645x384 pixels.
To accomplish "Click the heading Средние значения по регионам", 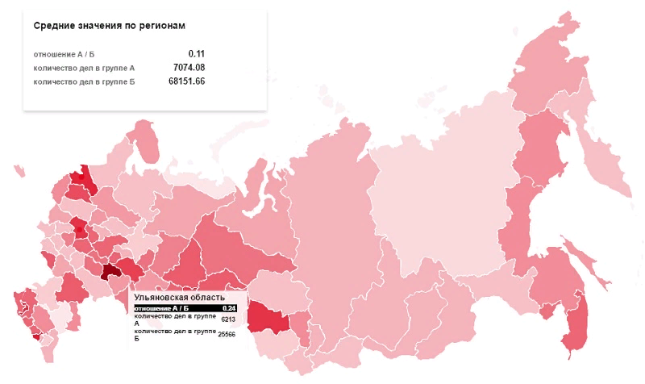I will click(110, 26).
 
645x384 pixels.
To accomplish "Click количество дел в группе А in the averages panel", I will click(84, 68).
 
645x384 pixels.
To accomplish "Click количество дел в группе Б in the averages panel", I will click(84, 81).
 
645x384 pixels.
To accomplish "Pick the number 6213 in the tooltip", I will click(227, 319).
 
